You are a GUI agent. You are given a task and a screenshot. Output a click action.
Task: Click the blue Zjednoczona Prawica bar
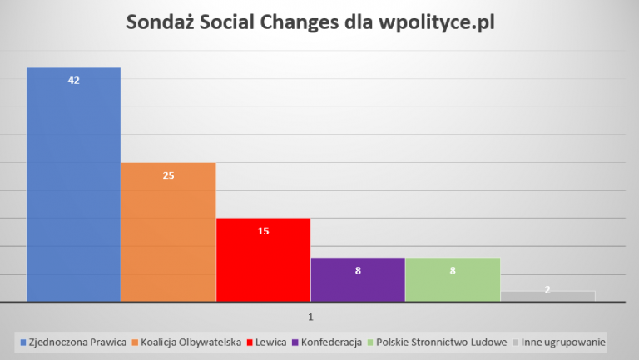point(73,183)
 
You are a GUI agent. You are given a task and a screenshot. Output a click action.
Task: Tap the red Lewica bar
point(263,259)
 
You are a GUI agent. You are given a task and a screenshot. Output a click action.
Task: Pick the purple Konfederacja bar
point(358,279)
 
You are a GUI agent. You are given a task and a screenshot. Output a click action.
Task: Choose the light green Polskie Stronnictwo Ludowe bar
point(453,279)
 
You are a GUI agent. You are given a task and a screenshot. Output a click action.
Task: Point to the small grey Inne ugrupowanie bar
point(547,296)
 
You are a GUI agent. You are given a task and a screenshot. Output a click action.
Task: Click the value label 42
point(73,80)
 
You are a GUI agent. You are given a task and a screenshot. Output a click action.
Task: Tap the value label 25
point(168,175)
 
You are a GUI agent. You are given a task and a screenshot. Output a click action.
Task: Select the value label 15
point(263,230)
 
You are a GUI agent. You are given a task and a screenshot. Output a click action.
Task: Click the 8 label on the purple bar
point(358,270)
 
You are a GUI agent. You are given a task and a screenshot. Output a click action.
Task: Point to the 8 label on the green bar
point(453,270)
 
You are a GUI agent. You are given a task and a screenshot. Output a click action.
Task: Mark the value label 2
point(547,290)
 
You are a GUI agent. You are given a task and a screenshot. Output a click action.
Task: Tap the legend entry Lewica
point(270,341)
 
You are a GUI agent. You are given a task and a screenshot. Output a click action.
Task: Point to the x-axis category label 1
point(310,317)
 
